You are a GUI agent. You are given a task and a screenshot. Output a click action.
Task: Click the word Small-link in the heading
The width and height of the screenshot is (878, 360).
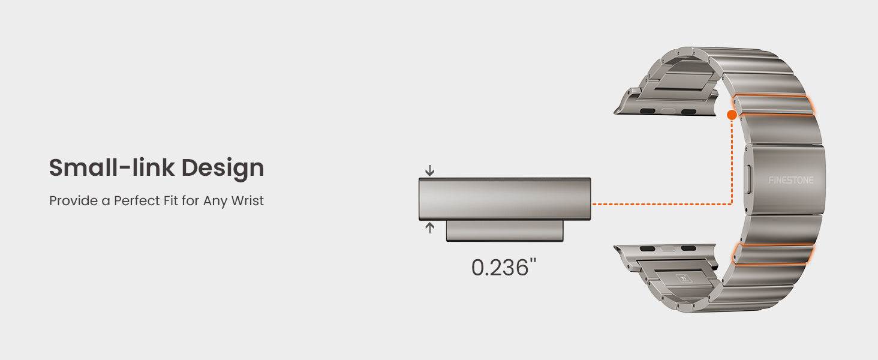tap(112, 167)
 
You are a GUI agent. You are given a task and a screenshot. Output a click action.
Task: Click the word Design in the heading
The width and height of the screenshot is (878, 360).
tap(222, 169)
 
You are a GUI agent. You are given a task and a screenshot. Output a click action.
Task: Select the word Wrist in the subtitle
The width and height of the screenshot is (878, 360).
tap(247, 201)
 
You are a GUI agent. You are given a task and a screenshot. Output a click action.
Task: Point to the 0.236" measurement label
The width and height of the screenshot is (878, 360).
tap(504, 268)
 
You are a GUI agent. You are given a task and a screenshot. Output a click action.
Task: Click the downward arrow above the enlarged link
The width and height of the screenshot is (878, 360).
tap(430, 170)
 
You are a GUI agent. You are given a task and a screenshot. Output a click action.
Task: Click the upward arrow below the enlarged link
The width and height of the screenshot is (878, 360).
tap(430, 228)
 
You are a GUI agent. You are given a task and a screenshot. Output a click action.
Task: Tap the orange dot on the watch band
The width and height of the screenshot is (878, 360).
tap(732, 115)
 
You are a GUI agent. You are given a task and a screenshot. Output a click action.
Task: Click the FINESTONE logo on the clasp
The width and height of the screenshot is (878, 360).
tap(790, 180)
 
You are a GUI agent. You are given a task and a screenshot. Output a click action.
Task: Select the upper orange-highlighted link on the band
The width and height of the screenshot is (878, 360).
tap(773, 105)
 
